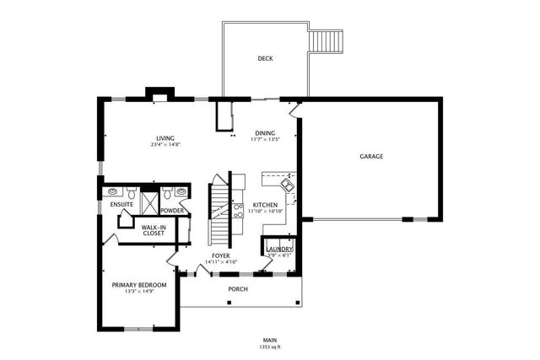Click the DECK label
(x=265, y=58)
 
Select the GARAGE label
(x=371, y=157)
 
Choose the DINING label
(x=265, y=133)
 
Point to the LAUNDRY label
(x=279, y=249)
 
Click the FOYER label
(x=221, y=255)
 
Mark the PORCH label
(x=238, y=288)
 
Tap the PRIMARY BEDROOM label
(x=139, y=285)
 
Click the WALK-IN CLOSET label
(x=153, y=230)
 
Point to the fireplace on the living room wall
(x=158, y=94)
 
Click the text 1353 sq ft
(x=269, y=346)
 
